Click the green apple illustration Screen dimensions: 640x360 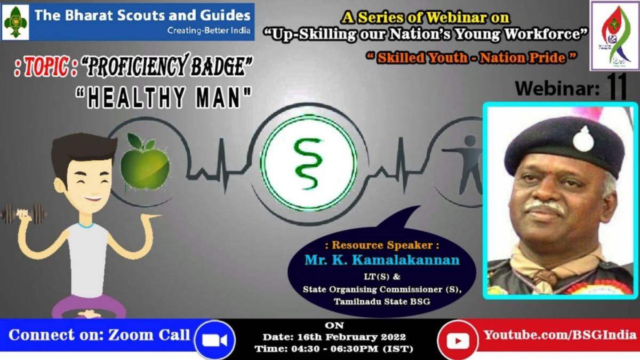(145, 164)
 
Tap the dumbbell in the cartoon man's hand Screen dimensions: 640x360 (23, 213)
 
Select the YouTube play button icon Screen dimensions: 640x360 (458, 341)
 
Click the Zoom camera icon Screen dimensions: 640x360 (214, 340)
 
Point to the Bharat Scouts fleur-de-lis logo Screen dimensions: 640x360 (15, 22)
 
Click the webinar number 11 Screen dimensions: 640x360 (618, 87)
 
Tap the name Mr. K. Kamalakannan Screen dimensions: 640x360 (382, 260)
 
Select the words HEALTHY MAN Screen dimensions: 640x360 (164, 98)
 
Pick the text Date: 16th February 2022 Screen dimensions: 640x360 (334, 337)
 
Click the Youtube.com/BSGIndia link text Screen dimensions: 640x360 (560, 335)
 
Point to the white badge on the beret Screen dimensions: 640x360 (583, 139)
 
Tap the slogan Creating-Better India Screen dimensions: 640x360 (209, 30)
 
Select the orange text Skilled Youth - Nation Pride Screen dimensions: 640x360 (471, 58)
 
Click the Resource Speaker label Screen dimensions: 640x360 (382, 245)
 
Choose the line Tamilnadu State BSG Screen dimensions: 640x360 (382, 301)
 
